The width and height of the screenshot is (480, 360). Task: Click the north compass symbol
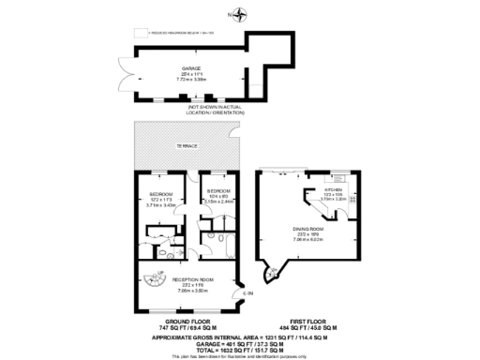click(x=241, y=14)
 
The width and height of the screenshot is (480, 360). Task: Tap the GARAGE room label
click(x=191, y=69)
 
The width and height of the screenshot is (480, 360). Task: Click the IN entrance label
click(x=247, y=293)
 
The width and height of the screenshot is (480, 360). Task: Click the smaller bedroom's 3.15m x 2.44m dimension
click(x=219, y=201)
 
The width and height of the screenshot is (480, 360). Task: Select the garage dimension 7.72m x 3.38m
click(x=191, y=81)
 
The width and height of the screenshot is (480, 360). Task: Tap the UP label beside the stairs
click(x=159, y=273)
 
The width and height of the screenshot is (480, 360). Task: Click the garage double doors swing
click(x=142, y=74)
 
